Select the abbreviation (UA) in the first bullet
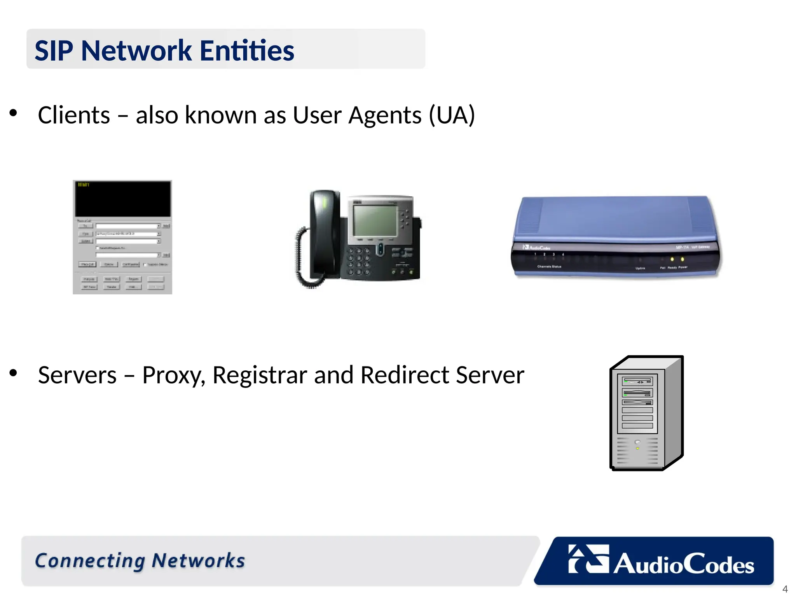(452, 115)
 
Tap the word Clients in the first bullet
(74, 115)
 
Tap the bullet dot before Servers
(14, 373)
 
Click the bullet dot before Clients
(14, 113)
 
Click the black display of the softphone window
(122, 199)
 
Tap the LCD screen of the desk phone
(375, 220)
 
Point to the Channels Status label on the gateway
(549, 267)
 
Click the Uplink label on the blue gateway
(640, 268)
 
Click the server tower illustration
(646, 413)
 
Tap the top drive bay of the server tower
(637, 381)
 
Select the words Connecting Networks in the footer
(140, 561)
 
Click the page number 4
(785, 589)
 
